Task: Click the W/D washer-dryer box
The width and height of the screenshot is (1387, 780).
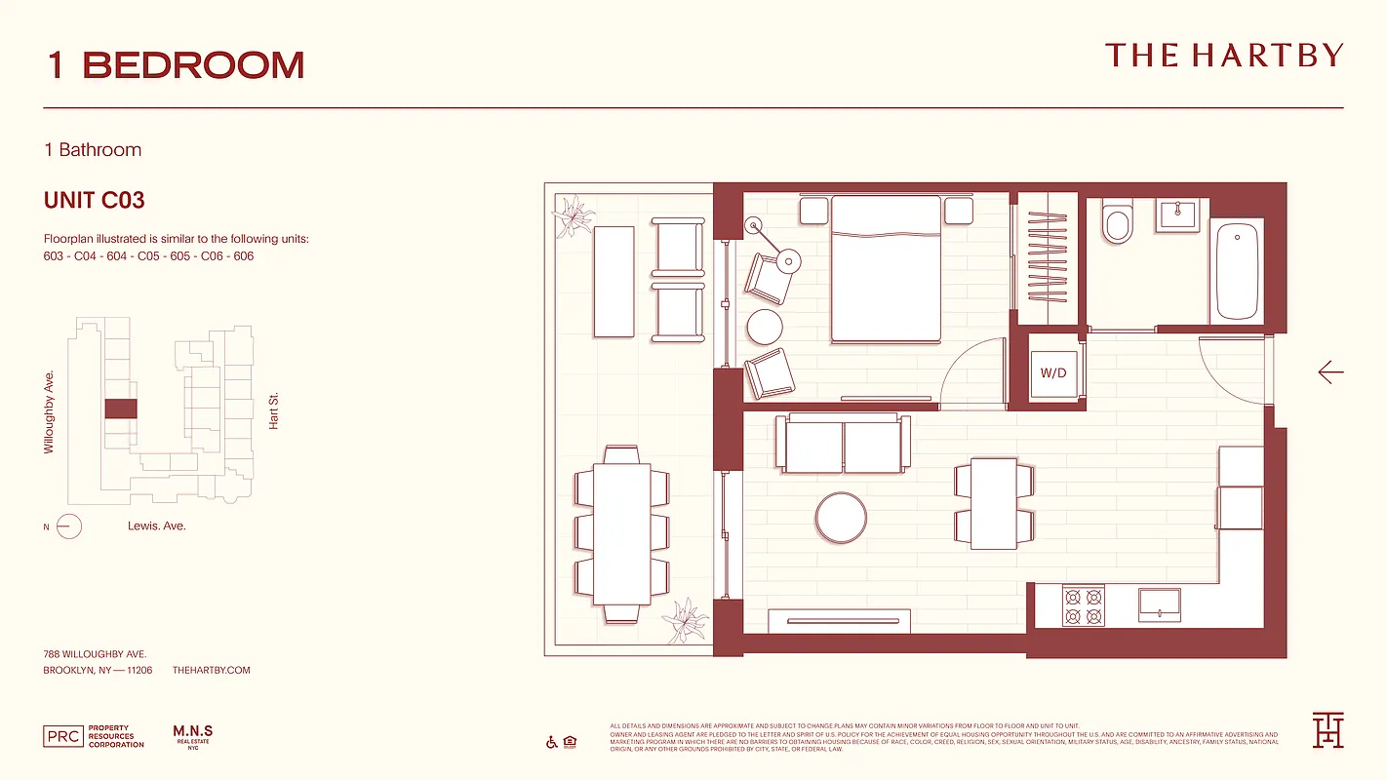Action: pos(1053,373)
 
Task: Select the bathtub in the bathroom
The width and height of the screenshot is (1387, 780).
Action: pos(1237,271)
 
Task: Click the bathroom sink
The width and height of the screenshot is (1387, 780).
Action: pos(1178,214)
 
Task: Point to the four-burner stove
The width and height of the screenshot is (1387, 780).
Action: pos(1084,605)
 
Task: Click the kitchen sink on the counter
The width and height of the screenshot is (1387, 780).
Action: pos(1159,604)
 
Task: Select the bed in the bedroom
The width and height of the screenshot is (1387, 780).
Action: pos(886,269)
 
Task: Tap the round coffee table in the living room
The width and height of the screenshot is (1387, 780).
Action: pos(841,517)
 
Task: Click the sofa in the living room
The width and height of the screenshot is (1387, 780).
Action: pos(843,444)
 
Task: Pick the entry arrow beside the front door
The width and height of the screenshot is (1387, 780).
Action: pos(1330,371)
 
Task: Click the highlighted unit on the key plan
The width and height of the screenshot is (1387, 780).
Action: pos(120,409)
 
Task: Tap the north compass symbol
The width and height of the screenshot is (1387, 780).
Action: pos(68,526)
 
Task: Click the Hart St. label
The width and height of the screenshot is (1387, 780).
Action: pos(274,411)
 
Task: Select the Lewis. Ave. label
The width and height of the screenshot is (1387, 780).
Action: pos(156,526)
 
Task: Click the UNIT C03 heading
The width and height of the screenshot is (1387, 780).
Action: pos(95,201)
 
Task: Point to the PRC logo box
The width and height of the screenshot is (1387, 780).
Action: pos(62,737)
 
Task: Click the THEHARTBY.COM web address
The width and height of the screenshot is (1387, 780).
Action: pos(211,670)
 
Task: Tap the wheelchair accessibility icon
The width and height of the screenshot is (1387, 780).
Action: pos(551,743)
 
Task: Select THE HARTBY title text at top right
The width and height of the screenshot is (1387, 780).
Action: pos(1224,56)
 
